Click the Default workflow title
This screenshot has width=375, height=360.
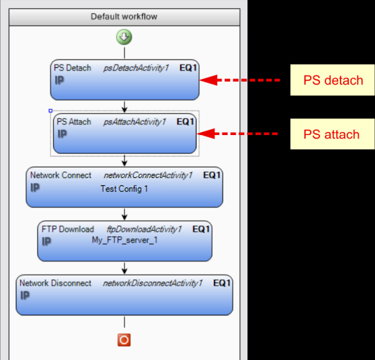tap(124, 17)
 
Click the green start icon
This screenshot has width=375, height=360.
tap(124, 37)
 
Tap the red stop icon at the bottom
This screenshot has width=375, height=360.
tap(124, 339)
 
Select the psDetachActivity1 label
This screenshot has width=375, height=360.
tap(136, 68)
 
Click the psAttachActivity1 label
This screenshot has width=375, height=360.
tap(134, 122)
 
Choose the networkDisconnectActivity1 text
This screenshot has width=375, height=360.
tap(152, 283)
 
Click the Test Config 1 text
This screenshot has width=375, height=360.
tap(124, 188)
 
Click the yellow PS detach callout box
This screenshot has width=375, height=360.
tap(332, 80)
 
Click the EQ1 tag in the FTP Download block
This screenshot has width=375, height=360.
tap(201, 229)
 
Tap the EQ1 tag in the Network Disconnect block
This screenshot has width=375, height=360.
tap(222, 283)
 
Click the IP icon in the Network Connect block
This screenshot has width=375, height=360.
tap(36, 187)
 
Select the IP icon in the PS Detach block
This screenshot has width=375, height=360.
tap(59, 80)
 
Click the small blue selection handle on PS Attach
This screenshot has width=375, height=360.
tap(51, 111)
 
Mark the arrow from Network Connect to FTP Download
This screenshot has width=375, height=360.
tap(124, 213)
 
